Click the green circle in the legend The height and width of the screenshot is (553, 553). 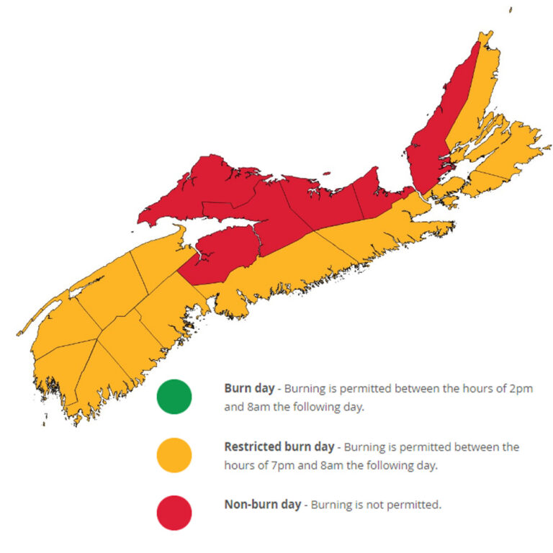pos(174,397)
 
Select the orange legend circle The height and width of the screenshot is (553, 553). pos(174,455)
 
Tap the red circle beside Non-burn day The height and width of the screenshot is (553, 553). pos(174,513)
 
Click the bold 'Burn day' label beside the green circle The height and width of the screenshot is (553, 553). pos(249,388)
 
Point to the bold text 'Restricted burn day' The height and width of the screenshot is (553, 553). pos(279,446)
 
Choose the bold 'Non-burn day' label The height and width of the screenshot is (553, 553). pos(263,504)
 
